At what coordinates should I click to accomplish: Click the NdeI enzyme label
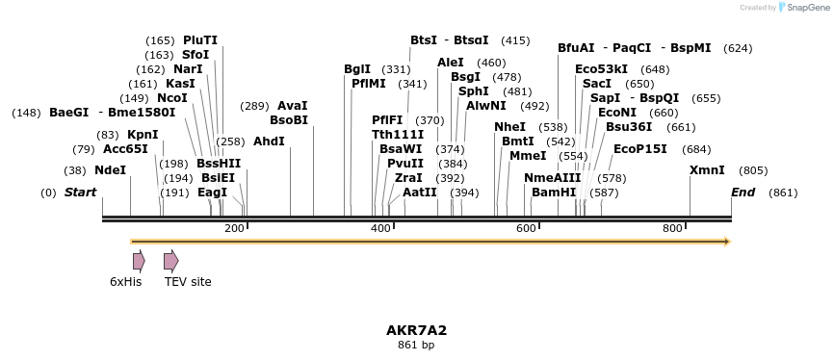coord(111,170)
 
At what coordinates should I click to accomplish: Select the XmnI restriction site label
coord(707,170)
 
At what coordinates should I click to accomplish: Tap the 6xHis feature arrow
coord(139,261)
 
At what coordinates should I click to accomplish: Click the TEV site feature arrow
coord(171,261)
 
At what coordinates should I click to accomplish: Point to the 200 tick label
coord(234,228)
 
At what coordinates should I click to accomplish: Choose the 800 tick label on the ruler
coord(672,228)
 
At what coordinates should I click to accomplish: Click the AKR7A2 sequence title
coord(416,330)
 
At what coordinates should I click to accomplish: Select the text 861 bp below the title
coord(416,345)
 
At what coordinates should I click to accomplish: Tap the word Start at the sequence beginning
coord(80,193)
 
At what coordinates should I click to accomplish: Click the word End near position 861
coord(743,193)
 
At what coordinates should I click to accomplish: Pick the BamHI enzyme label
coord(554,193)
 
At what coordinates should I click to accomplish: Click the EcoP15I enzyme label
coord(640,149)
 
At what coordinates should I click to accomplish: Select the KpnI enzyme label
coord(143,135)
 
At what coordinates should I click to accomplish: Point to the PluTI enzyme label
coord(200,40)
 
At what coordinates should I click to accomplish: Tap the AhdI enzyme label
coord(269,141)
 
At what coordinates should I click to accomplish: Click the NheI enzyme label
coord(510,127)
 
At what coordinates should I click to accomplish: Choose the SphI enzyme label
coord(474,91)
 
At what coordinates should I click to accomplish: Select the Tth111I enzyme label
coord(398,135)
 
